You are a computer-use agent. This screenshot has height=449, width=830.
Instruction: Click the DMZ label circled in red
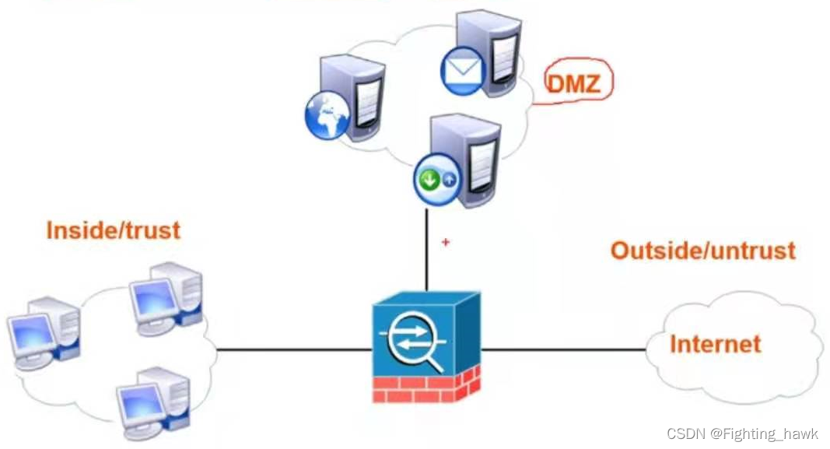click(573, 82)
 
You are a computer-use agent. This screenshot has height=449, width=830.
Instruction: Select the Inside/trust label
click(114, 230)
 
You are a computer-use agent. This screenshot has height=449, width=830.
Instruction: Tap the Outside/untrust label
click(702, 250)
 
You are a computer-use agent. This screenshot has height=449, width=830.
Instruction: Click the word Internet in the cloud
click(715, 343)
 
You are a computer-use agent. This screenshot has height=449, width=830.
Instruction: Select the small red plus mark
click(446, 242)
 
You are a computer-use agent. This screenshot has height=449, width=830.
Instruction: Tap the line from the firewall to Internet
click(564, 349)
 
